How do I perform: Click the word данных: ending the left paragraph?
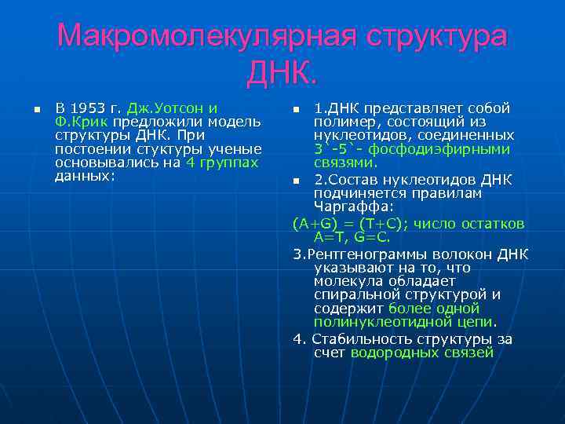click(85, 176)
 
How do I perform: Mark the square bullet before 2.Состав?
click(296, 181)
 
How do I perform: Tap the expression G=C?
click(372, 236)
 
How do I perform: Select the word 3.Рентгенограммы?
click(354, 254)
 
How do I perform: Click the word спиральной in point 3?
click(352, 294)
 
